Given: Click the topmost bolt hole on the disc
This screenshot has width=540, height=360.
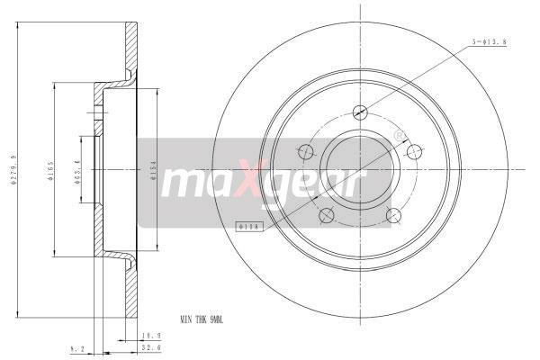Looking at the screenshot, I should click(x=360, y=112).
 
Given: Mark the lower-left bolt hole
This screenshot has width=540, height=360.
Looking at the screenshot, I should click(x=327, y=214).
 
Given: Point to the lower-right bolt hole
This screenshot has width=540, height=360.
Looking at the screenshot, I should click(x=394, y=214).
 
